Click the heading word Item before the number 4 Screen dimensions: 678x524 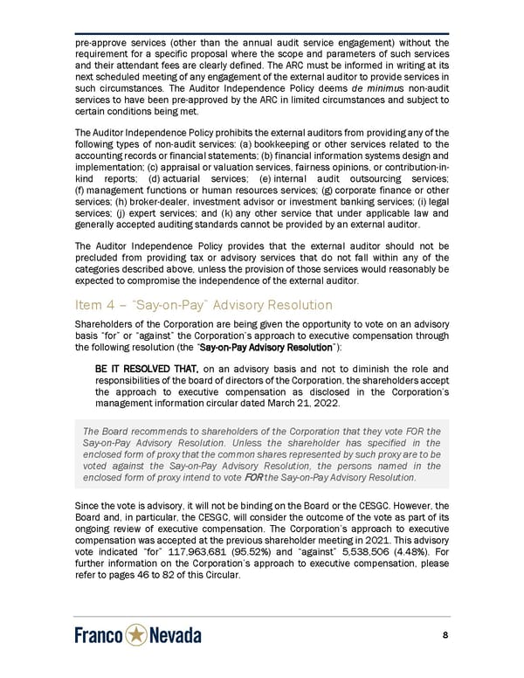pyautogui.click(x=88, y=305)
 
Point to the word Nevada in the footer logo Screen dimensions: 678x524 pyautogui.click(x=175, y=636)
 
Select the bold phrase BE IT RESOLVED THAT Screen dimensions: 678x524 pyautogui.click(x=146, y=368)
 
